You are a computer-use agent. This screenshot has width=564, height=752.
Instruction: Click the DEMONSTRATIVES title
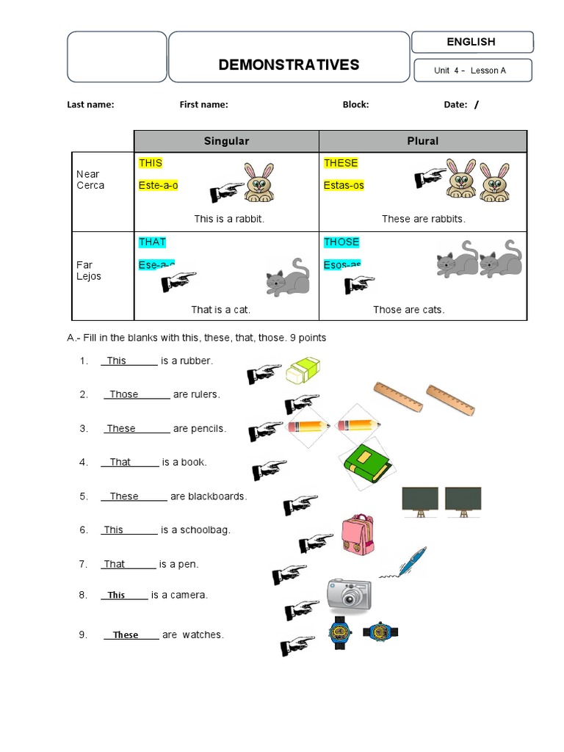(x=289, y=65)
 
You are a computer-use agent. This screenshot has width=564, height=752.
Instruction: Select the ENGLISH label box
(x=471, y=42)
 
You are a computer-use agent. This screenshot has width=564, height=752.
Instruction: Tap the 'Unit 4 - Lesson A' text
(x=470, y=70)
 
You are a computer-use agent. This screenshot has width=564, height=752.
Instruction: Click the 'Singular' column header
(x=226, y=141)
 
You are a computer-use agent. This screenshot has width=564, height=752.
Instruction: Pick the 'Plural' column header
(x=422, y=141)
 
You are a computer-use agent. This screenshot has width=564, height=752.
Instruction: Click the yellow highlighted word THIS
(x=151, y=163)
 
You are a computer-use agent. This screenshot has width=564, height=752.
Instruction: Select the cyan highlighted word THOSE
(x=341, y=242)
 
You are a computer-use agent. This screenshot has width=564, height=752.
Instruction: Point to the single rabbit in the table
(x=258, y=183)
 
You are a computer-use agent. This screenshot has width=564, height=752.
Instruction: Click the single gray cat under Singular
(x=287, y=278)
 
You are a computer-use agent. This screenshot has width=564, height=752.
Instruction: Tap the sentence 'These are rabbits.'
(x=424, y=219)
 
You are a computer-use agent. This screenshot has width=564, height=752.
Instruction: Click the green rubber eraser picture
(x=303, y=369)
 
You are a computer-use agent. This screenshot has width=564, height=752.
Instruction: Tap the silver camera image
(x=349, y=594)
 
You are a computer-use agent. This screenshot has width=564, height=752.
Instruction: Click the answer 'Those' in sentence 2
(x=124, y=394)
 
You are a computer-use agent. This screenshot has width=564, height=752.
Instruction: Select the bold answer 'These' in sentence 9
(x=126, y=635)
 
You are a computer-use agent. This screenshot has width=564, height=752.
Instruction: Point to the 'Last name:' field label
(x=90, y=104)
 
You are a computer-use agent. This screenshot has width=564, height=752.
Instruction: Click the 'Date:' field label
(x=455, y=104)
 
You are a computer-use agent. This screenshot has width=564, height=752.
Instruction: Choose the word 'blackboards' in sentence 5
(x=217, y=496)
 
